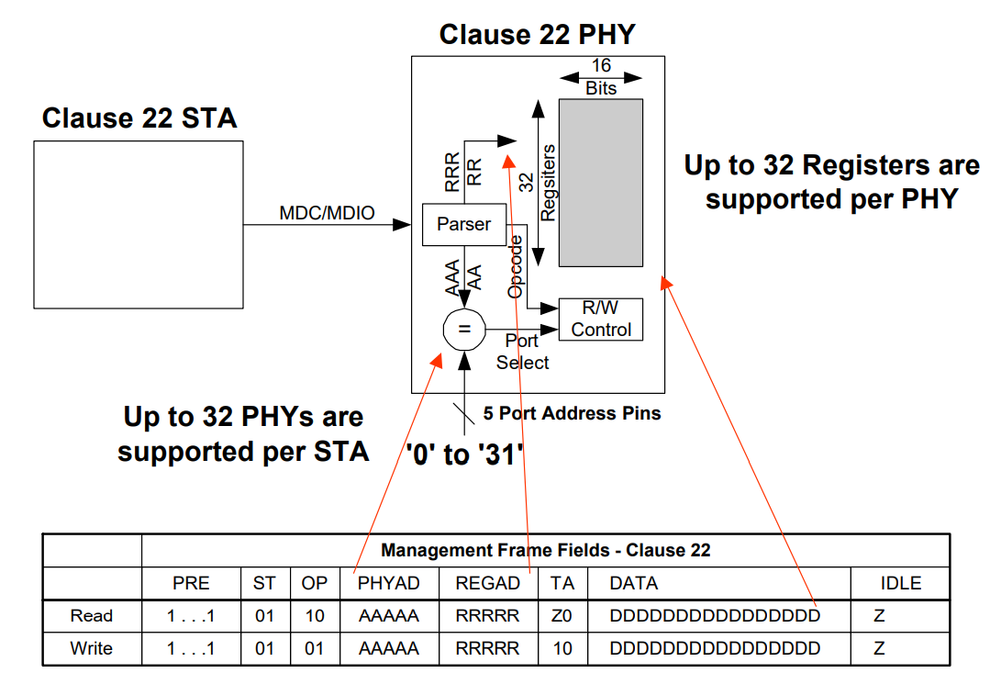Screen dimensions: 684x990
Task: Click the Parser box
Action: [463, 224]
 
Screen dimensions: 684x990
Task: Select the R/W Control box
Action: [601, 320]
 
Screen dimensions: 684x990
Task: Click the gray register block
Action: [601, 182]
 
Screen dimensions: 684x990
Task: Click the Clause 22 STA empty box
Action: [139, 224]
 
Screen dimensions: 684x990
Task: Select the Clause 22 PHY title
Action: [537, 35]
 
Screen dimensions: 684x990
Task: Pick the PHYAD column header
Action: [389, 583]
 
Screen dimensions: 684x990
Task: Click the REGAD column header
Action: [487, 583]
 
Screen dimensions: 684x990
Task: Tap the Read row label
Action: [92, 615]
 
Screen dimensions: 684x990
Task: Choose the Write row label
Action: [92, 648]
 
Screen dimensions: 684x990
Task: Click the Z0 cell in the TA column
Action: [562, 615]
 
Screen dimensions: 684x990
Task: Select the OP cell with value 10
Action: [315, 615]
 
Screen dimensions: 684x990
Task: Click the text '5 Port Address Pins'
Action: [572, 413]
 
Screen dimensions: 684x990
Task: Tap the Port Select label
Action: [522, 352]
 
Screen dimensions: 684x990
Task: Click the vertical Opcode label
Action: [516, 265]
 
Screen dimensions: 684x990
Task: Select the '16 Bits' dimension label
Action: [601, 77]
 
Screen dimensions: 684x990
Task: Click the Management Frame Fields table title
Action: [545, 551]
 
